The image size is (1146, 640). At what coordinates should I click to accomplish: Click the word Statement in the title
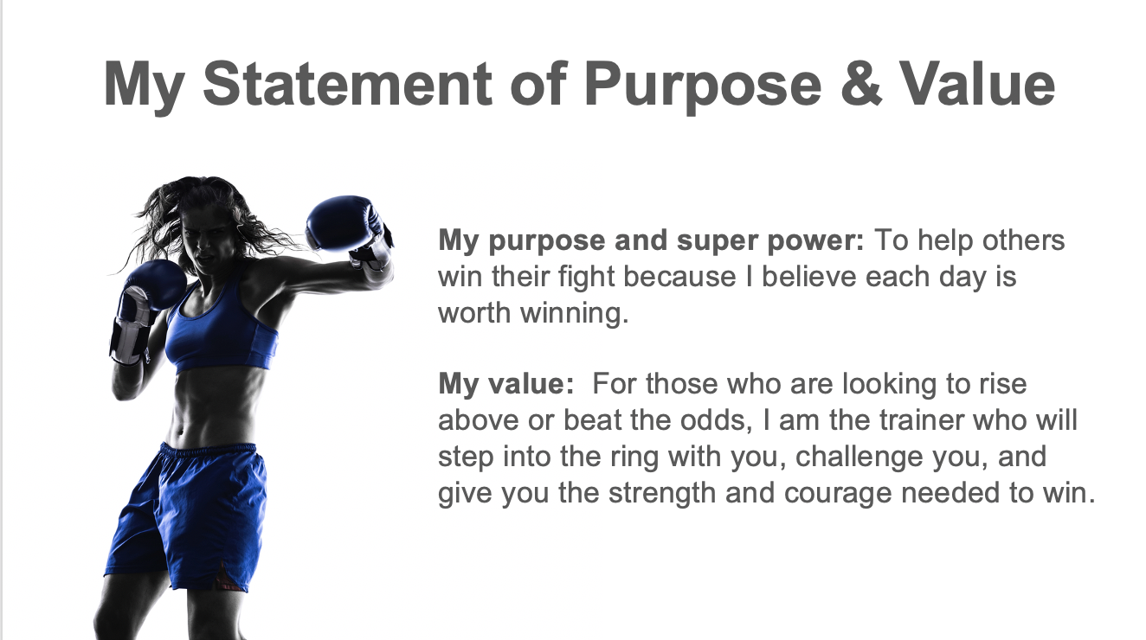point(347,84)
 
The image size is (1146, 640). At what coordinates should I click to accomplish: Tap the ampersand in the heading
point(861,84)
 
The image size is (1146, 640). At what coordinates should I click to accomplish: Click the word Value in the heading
point(977,84)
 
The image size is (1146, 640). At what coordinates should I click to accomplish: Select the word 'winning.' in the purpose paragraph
point(574,313)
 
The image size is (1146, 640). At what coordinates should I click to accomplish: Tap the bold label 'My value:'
point(506,385)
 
